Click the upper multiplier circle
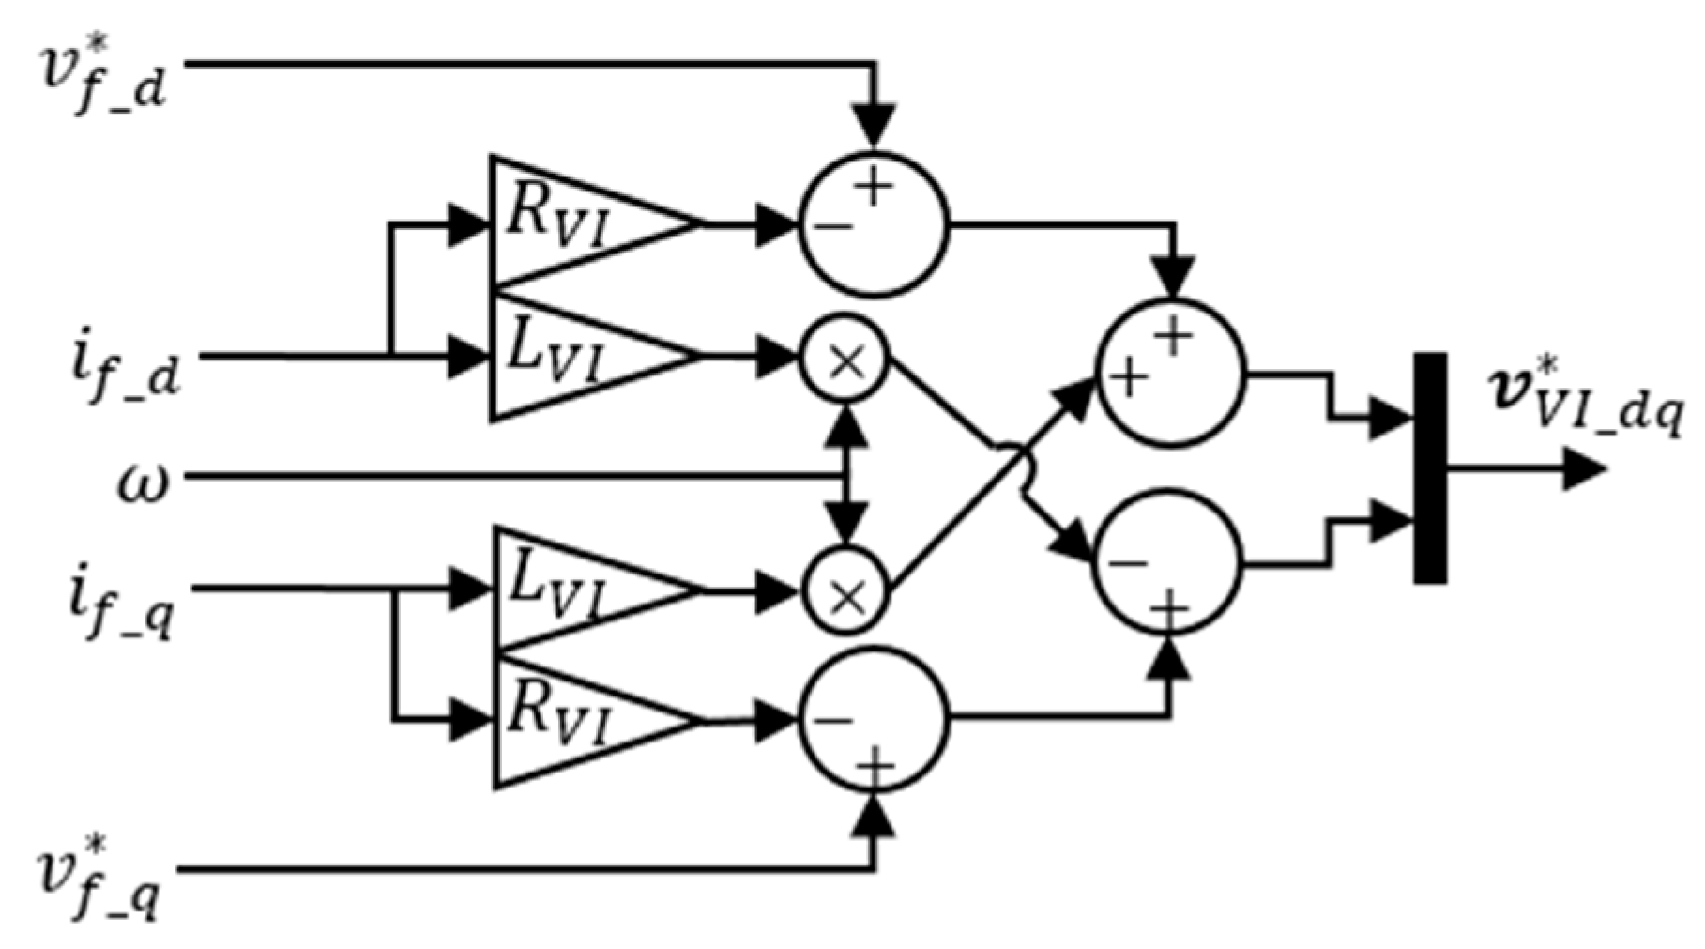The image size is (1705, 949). point(845,359)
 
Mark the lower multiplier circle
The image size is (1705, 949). point(845,592)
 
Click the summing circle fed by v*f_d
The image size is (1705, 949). point(874,223)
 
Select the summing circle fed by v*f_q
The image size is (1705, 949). point(874,720)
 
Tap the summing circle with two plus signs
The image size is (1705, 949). point(1170,373)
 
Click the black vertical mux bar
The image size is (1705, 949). point(1429,467)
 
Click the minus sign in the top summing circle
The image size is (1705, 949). point(831,226)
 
